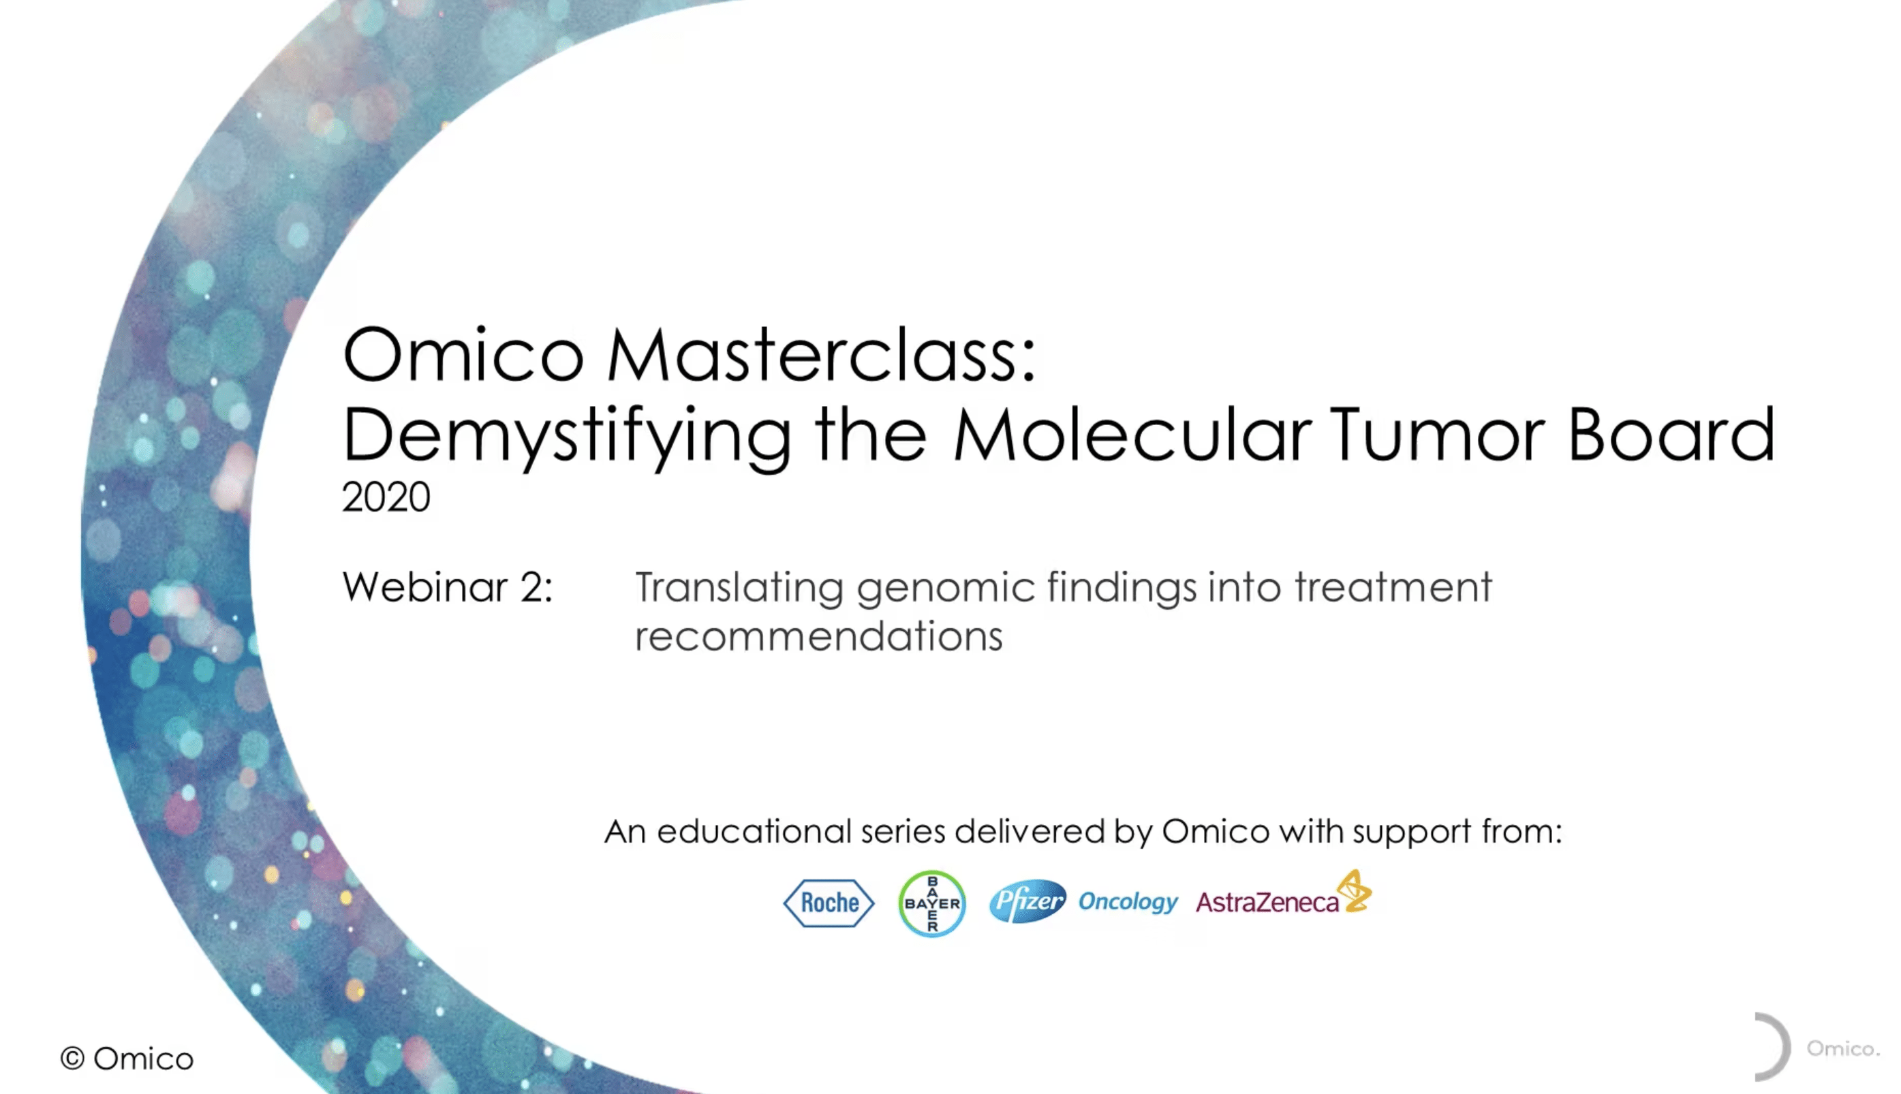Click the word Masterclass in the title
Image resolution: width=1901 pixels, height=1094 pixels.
(x=822, y=356)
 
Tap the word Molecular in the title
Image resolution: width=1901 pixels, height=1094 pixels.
(x=1132, y=436)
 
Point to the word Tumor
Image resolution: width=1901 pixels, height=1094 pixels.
(x=1436, y=436)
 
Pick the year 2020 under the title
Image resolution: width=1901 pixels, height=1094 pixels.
(x=386, y=497)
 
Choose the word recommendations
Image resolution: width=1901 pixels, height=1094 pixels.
(x=818, y=636)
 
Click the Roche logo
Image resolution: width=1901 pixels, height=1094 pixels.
(x=829, y=903)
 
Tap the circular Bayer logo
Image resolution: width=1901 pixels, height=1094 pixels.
(x=931, y=903)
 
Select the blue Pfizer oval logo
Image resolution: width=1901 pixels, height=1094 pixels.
(x=1027, y=901)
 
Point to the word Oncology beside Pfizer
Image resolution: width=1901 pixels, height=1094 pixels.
(x=1128, y=901)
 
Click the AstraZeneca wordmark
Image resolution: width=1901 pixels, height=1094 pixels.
(x=1267, y=903)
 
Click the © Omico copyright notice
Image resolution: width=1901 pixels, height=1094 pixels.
(x=127, y=1059)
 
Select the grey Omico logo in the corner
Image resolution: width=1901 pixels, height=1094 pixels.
(x=1817, y=1048)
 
